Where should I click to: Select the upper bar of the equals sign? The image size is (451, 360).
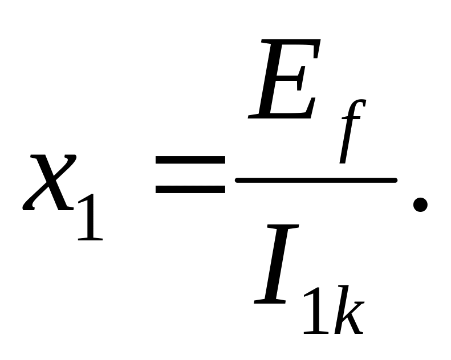(190, 163)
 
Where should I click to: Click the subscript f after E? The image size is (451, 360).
(350, 131)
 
